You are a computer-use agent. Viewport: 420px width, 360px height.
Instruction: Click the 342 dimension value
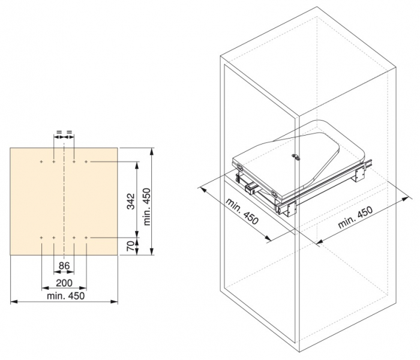coord(130,200)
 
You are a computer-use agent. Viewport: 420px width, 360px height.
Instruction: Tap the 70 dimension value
coord(130,246)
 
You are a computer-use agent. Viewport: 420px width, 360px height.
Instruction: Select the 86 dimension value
coord(64,265)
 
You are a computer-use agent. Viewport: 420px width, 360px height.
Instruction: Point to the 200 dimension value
coord(64,283)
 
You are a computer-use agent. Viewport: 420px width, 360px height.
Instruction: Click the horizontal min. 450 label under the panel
coord(64,295)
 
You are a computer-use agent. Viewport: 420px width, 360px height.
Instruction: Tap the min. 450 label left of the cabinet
coord(242,211)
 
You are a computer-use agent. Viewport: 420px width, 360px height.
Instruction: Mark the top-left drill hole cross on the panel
coord(41,162)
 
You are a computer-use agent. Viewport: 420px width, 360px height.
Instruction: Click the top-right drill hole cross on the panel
coord(87,162)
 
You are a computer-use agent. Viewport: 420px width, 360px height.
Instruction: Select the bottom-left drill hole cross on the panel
coord(41,238)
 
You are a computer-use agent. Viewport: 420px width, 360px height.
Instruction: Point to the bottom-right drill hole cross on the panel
coord(87,238)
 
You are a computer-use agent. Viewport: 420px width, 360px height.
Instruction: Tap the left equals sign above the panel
coord(59,132)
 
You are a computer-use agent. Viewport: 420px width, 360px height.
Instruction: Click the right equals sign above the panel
coord(70,132)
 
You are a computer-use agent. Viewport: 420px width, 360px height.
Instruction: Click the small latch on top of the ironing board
coord(295,156)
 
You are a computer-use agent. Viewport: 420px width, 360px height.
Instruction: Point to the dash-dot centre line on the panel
coord(64,198)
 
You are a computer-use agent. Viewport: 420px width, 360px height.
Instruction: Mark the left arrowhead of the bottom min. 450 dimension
coord(13,302)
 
